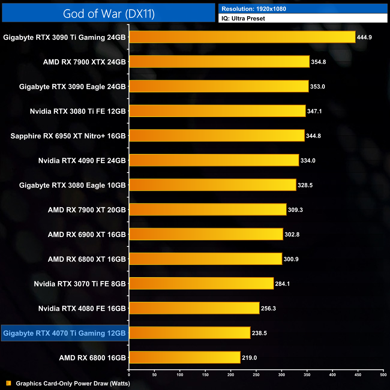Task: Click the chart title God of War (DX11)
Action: point(109,14)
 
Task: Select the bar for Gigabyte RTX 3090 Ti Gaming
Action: point(242,37)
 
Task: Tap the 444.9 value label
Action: point(364,37)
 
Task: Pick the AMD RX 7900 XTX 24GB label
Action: point(84,62)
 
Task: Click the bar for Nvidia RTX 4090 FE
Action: point(214,160)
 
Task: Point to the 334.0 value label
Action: point(308,160)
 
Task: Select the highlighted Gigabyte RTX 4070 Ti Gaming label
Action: point(64,333)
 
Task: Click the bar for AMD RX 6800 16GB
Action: point(185,357)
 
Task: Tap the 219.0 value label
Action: point(249,358)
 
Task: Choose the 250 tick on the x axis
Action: point(256,375)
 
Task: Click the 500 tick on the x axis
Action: point(383,375)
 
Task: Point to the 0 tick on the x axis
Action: point(129,375)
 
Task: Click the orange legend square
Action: point(9,383)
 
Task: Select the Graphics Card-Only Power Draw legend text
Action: point(73,383)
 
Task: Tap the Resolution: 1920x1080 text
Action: point(254,9)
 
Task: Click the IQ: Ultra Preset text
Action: point(243,19)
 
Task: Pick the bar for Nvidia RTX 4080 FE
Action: point(194,308)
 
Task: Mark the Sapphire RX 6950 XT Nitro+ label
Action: point(68,136)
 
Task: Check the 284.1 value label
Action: point(282,284)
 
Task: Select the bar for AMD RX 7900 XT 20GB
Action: point(208,209)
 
